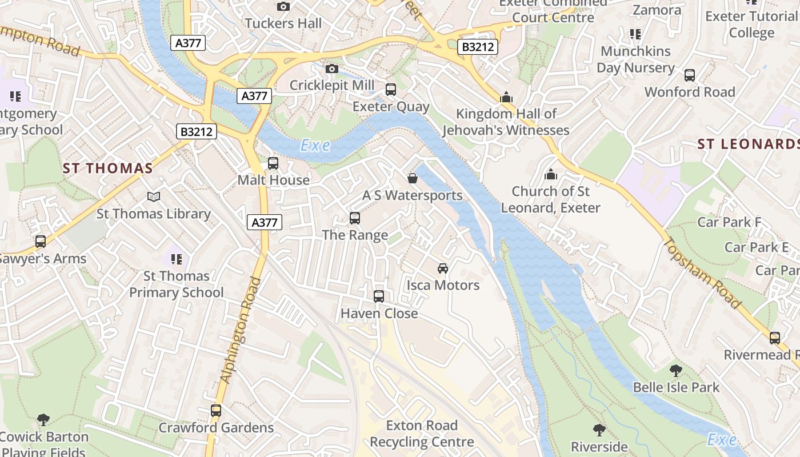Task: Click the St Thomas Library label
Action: click(153, 214)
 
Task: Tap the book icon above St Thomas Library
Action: click(154, 197)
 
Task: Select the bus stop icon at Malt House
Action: click(273, 163)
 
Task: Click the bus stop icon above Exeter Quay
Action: click(391, 90)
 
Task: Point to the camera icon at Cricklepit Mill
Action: click(331, 69)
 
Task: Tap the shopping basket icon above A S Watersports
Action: click(413, 179)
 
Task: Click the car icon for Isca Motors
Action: click(443, 268)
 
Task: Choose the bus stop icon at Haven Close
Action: click(379, 296)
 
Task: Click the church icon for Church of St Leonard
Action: click(551, 174)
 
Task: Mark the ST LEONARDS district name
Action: click(747, 144)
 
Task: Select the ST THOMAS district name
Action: click(108, 168)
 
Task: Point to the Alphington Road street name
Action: click(240, 330)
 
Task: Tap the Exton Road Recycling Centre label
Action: click(422, 434)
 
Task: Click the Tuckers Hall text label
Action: click(283, 23)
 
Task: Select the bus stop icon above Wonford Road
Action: click(690, 75)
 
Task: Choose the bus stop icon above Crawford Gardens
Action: click(216, 411)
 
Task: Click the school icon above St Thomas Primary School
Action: click(177, 259)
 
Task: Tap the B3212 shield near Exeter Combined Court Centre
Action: click(477, 47)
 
